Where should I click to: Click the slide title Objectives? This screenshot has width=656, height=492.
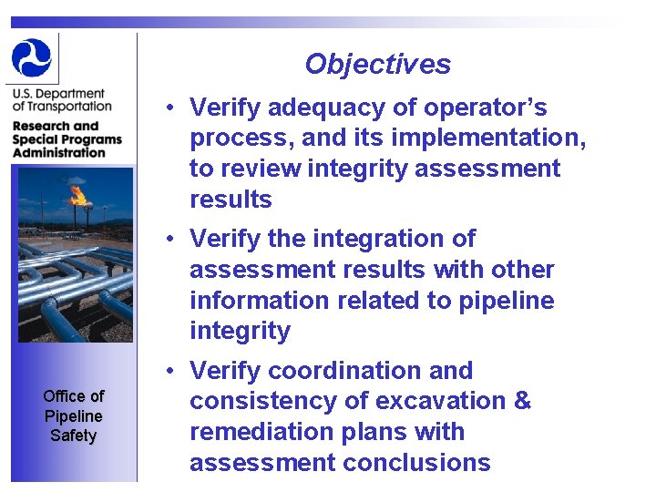click(377, 64)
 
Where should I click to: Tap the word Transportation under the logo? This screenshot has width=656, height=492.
click(61, 106)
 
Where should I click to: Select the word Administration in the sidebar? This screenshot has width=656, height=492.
click(58, 152)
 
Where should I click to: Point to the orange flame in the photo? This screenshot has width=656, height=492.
click(78, 193)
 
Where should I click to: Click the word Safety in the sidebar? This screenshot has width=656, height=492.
click(73, 436)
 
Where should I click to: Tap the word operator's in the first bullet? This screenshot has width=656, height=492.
click(488, 108)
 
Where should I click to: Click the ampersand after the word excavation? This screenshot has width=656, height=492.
click(522, 401)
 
